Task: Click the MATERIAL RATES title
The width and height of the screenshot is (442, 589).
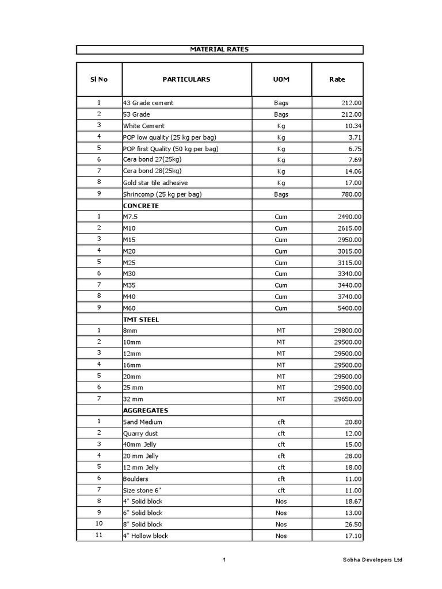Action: coord(219,49)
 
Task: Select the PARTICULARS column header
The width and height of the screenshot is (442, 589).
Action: coord(186,79)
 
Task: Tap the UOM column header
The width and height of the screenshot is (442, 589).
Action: coord(281,79)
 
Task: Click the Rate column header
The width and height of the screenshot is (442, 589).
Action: coord(337,79)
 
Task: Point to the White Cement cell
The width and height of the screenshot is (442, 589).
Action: coord(144,126)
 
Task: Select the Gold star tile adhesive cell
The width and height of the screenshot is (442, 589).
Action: coord(155,183)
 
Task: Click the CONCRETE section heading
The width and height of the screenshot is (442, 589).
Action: coord(140,205)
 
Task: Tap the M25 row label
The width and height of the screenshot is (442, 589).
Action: coord(130,262)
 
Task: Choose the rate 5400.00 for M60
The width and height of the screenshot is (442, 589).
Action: coord(349,308)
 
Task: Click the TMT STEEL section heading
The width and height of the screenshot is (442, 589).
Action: coord(141,319)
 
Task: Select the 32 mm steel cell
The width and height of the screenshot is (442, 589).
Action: coord(133,399)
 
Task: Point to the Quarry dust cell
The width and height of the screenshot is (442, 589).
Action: coord(140,433)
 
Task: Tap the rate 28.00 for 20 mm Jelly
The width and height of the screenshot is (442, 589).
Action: coord(353,456)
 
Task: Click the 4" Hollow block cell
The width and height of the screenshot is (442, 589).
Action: coord(145,536)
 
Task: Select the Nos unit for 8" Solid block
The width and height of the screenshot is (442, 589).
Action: coord(281,525)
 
